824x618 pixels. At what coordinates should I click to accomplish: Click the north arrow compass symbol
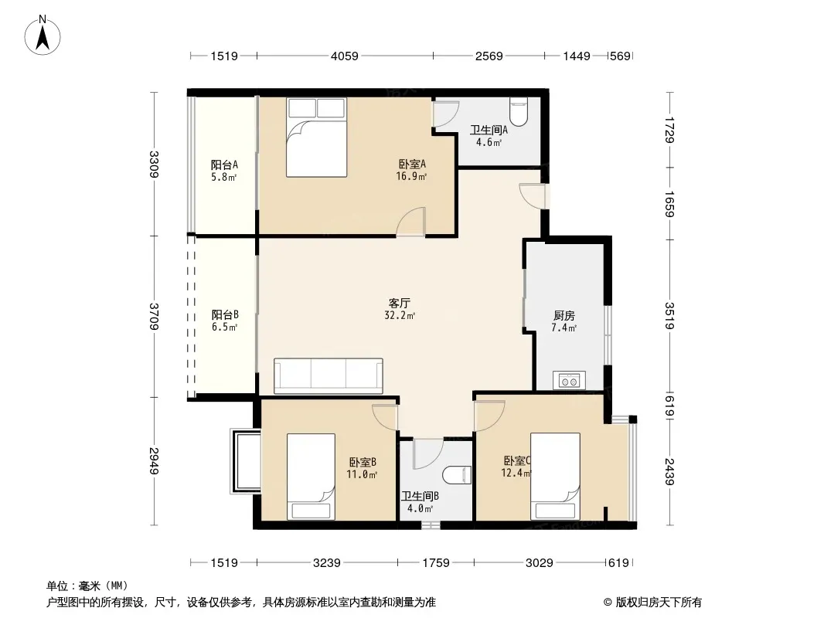[43, 36]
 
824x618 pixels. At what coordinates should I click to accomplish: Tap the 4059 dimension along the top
[344, 56]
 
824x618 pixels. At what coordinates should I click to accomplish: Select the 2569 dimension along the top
[489, 56]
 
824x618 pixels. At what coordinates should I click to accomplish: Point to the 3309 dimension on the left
[154, 164]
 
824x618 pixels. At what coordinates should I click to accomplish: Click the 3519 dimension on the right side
[669, 315]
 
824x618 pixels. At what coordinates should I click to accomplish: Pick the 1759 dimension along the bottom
[436, 563]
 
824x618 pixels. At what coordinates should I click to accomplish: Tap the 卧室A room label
[412, 165]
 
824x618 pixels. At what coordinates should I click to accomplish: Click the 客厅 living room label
[400, 303]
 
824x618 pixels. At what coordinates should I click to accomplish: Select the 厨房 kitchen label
[564, 315]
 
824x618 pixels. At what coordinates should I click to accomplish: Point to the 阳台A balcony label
[224, 165]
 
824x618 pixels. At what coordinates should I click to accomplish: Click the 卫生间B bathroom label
[420, 496]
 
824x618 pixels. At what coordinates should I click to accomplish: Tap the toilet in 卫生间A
[518, 112]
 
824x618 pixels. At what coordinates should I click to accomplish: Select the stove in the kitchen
[569, 380]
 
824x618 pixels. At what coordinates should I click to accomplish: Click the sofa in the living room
[329, 376]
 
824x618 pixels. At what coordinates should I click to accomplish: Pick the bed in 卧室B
[311, 477]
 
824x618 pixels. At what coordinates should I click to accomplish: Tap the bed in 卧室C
[555, 476]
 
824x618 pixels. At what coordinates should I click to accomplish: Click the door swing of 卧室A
[410, 221]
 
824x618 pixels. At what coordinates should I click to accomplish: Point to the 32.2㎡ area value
[400, 315]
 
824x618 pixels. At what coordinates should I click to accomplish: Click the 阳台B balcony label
[225, 314]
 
